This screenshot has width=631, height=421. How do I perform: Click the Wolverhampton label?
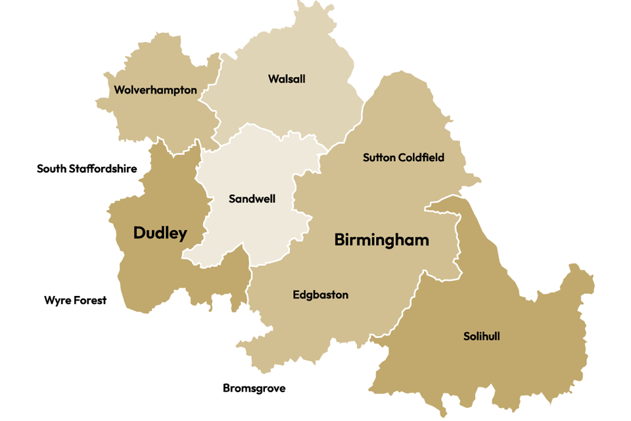[155, 90]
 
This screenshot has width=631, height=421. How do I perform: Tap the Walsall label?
[287, 79]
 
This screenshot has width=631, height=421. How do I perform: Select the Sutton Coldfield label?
[404, 157]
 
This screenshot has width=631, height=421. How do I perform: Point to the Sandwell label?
[252, 199]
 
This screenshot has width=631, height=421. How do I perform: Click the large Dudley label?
[160, 233]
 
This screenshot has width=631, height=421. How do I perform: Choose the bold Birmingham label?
[381, 240]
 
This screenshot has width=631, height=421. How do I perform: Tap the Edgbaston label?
[320, 295]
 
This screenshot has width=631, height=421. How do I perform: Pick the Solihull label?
[481, 336]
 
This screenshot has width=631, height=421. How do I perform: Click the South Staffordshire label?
[87, 169]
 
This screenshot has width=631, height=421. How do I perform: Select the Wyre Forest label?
[75, 301]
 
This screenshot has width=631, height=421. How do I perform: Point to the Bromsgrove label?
[254, 388]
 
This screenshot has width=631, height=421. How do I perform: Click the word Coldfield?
[421, 157]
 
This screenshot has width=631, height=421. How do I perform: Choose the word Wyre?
[56, 301]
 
